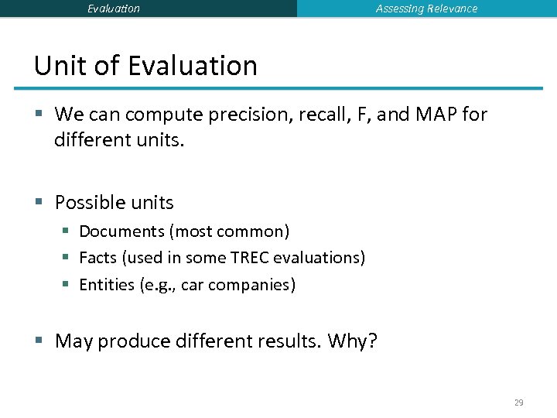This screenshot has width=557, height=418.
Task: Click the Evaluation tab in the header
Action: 114,9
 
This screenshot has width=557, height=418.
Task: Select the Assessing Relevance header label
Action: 426,9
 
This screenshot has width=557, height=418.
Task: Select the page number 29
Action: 518,403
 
